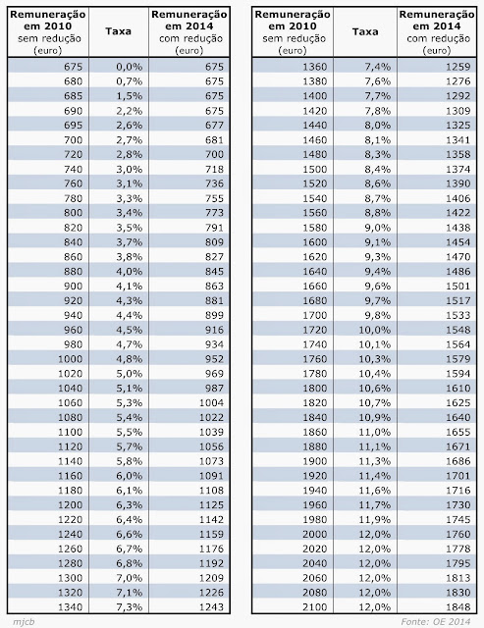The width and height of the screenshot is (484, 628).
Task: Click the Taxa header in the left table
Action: (x=118, y=31)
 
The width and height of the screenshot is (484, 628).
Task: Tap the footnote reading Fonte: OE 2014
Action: (x=436, y=621)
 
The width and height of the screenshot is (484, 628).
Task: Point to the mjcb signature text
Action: (x=24, y=622)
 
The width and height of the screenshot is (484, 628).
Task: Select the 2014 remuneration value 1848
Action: (x=457, y=606)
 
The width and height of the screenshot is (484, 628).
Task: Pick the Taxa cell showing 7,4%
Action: (x=377, y=67)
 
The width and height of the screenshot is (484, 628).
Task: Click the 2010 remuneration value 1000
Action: (x=70, y=359)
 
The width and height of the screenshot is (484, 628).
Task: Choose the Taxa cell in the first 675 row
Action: (x=130, y=67)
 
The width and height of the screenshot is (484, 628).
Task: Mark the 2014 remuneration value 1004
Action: (x=211, y=402)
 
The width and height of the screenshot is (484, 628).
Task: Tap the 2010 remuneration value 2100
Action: (x=314, y=606)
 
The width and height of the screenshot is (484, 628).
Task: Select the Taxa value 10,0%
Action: (x=375, y=330)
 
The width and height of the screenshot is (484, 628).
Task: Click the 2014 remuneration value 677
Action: (x=214, y=125)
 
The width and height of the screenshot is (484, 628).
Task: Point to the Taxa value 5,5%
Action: (x=130, y=432)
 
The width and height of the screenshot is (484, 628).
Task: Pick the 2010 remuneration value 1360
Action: (x=314, y=67)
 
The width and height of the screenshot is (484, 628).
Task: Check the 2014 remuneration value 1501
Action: (x=457, y=286)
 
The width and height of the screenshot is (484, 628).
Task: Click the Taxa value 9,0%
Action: (x=377, y=228)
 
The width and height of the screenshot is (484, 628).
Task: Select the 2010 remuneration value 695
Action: (x=73, y=125)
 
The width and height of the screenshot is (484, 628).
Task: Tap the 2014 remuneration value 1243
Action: (x=211, y=606)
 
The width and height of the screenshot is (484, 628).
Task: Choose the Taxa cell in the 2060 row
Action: (x=375, y=578)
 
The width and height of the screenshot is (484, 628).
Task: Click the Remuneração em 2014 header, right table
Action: (x=437, y=32)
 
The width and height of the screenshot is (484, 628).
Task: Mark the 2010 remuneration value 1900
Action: (x=314, y=461)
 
